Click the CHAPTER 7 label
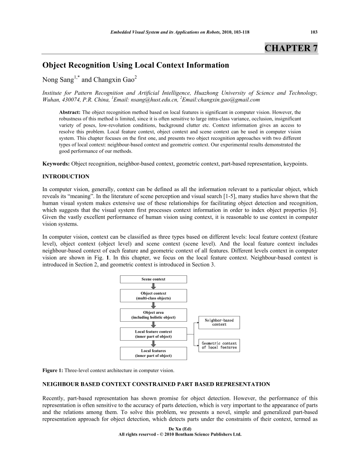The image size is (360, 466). (291, 48)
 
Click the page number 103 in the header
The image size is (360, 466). (314, 32)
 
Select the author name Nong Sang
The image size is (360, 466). (58, 80)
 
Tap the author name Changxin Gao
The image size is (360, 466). (116, 80)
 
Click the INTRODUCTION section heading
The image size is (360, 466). (66, 177)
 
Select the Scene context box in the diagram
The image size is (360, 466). (153, 279)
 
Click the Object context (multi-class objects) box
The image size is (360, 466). (153, 296)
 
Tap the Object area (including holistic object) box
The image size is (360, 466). (153, 315)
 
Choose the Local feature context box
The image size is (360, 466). (153, 334)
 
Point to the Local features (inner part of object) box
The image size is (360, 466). (153, 353)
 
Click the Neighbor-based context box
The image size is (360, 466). (219, 322)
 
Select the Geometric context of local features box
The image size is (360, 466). (219, 345)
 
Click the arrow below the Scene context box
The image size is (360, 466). (154, 286)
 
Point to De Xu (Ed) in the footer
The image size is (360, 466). (180, 429)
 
